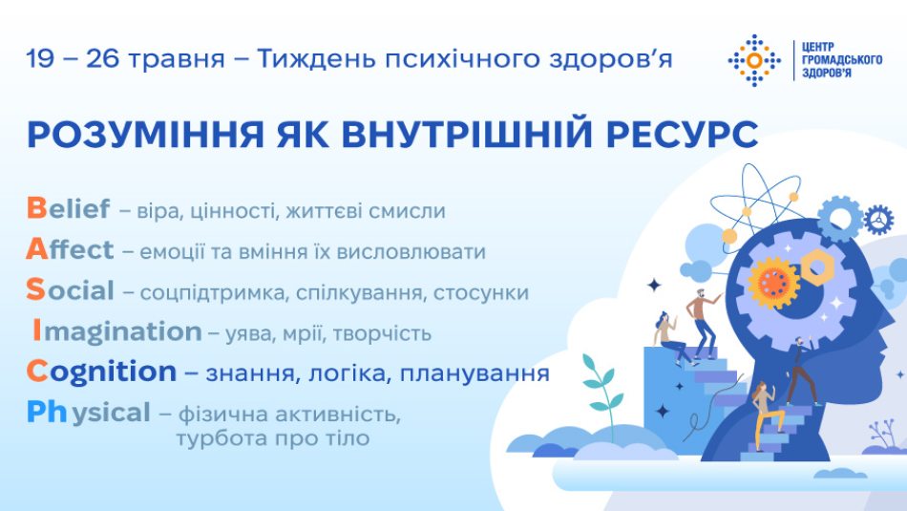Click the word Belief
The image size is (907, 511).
pos(68,208)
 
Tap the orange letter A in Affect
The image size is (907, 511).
pos(36,249)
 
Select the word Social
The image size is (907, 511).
pos(70,290)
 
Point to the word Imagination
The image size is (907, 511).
pos(117,332)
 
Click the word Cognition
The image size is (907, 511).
pos(101,373)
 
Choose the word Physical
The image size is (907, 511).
pos(89,414)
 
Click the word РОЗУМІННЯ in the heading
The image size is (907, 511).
pos(145,135)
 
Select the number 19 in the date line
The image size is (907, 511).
pos(40,59)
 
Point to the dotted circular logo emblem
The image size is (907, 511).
pos(753,60)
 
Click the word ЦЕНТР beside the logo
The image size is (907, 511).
pos(818,47)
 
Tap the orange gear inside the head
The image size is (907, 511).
pos(773,283)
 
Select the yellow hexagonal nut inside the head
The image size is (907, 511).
pos(816,266)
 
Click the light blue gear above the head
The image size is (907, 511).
pos(839,219)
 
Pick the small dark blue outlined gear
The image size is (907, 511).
pos(878,220)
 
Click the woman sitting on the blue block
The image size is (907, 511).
pos(670,339)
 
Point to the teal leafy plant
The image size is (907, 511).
pos(602,389)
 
